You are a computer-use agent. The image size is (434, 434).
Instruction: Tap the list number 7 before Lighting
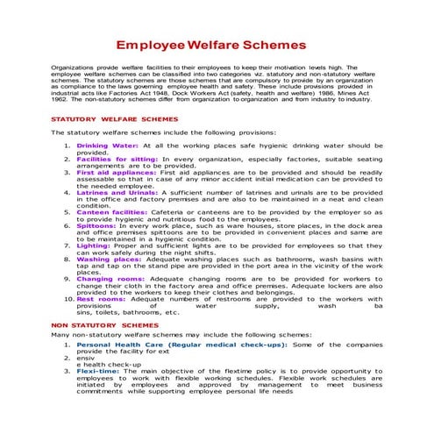68,245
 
